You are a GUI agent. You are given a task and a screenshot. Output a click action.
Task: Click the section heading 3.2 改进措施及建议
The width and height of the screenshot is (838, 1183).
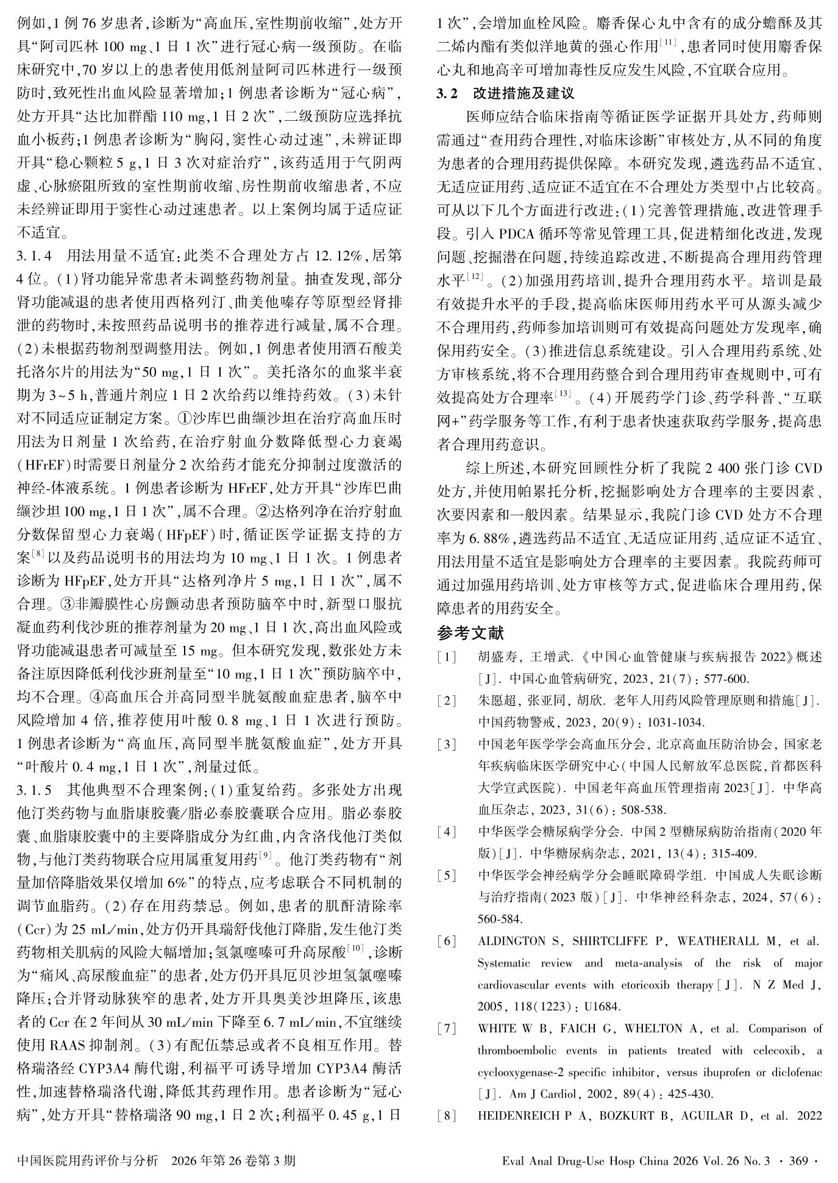(x=505, y=94)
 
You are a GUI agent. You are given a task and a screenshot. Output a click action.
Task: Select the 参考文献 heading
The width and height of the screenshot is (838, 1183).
(x=470, y=633)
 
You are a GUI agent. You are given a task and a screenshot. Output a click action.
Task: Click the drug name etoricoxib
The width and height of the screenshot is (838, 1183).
(x=617, y=985)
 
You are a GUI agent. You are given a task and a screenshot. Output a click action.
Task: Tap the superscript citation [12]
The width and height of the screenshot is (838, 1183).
(x=475, y=278)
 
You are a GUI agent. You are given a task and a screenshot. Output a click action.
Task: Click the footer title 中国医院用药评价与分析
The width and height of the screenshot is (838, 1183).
(x=88, y=1160)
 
